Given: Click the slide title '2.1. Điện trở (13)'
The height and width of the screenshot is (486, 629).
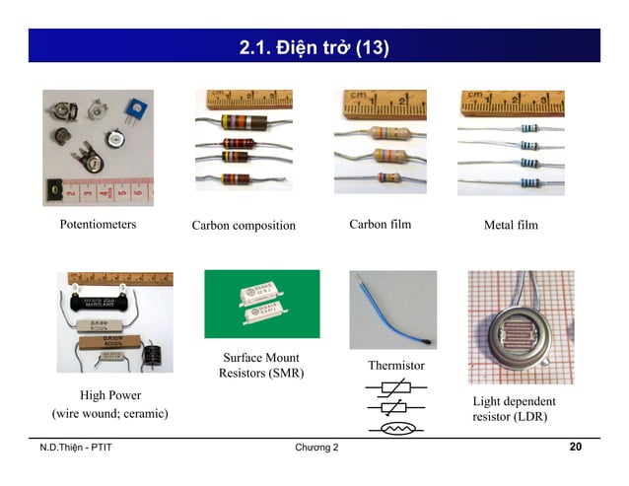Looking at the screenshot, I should click(x=314, y=46).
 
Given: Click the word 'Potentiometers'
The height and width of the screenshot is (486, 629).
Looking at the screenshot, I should click(x=98, y=225).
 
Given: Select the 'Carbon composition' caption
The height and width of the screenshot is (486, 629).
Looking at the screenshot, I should click(x=244, y=226).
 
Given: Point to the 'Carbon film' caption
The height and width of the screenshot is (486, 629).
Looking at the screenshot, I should click(x=380, y=225).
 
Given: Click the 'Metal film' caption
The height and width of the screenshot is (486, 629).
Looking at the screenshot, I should click(x=511, y=226).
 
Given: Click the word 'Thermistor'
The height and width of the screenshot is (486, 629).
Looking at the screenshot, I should click(x=395, y=366).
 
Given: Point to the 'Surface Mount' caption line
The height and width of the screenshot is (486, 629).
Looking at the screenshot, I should click(x=261, y=357).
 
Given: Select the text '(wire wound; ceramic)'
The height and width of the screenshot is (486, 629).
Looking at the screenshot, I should click(x=103, y=412).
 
